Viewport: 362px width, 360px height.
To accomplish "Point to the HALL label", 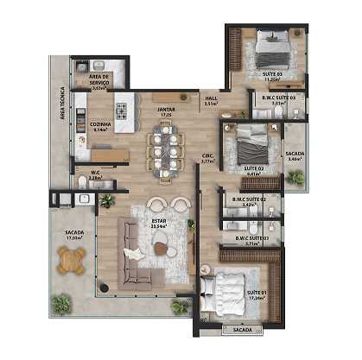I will (x=211, y=98).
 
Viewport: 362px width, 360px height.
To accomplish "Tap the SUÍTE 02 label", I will (x=253, y=168).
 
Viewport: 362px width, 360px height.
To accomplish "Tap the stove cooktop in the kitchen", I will (x=121, y=111).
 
